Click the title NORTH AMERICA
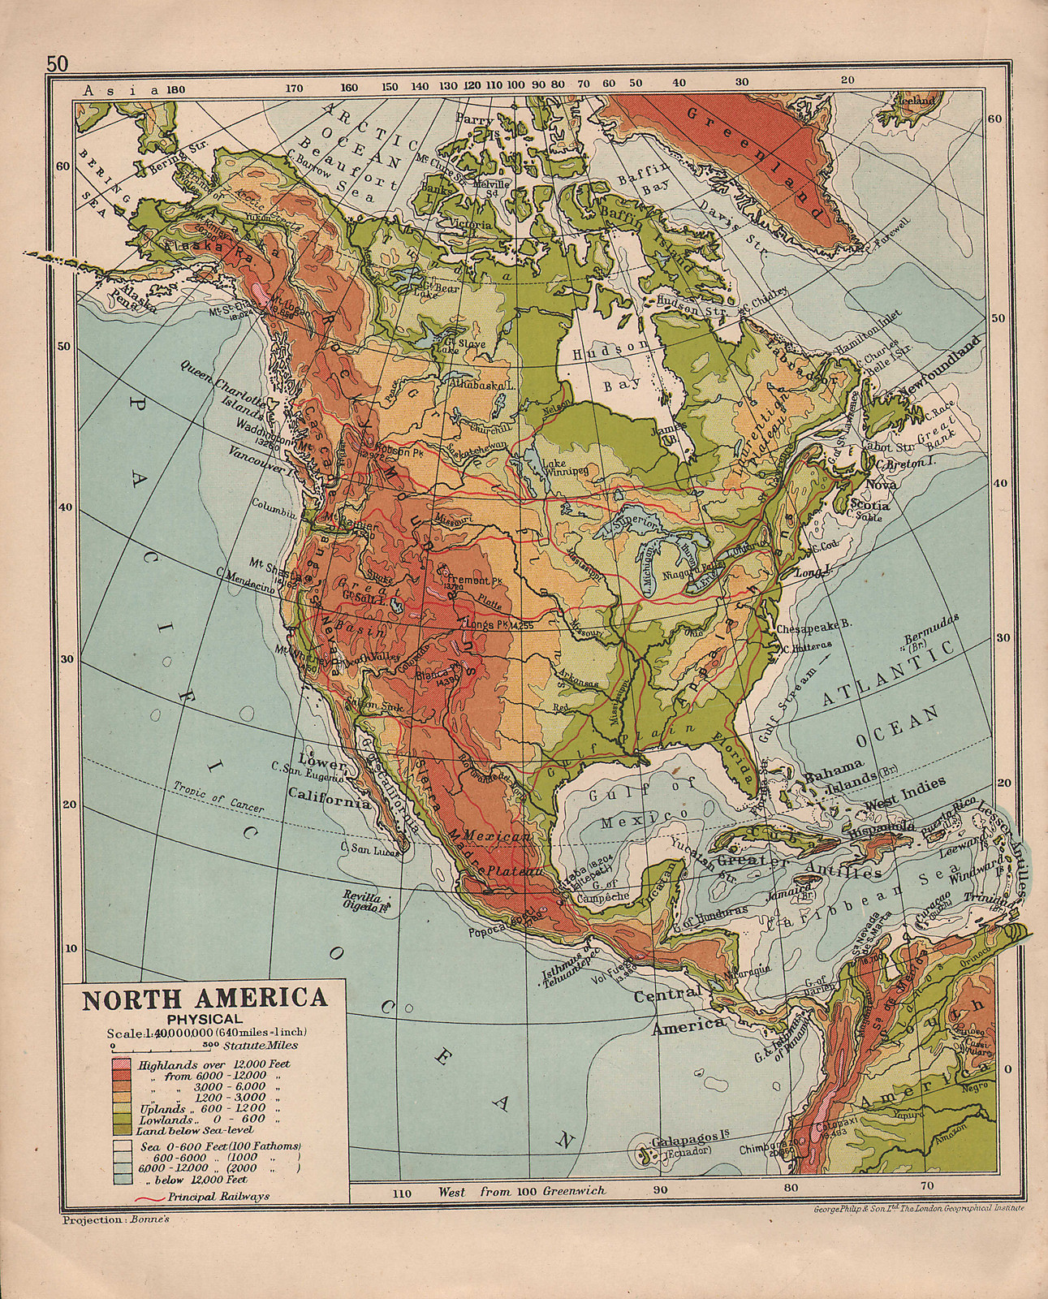pyautogui.click(x=202, y=998)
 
